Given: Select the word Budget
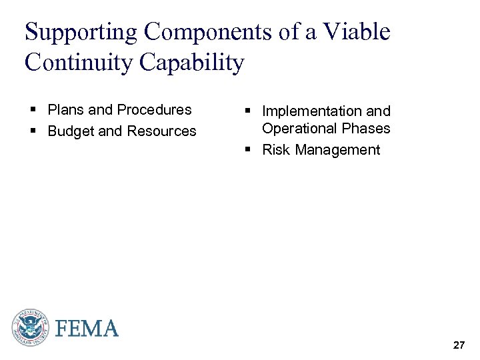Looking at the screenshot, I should click(x=71, y=131).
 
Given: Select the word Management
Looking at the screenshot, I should click(x=337, y=150).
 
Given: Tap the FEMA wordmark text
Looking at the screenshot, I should click(x=87, y=328).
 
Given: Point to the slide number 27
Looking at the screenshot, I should click(x=459, y=345).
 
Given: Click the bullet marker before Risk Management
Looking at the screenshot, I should click(x=247, y=150).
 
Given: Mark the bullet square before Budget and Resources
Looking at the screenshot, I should click(x=33, y=131).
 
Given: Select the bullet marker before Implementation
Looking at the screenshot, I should click(x=247, y=111).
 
